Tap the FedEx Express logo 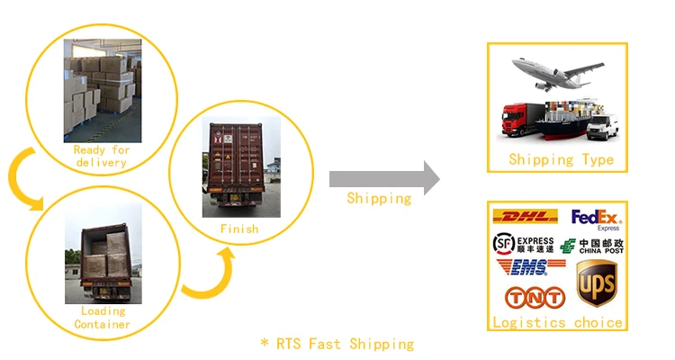click(596, 219)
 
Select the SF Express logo click(524, 244)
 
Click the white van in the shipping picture click(602, 128)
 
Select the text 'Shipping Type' click(561, 160)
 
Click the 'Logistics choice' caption click(557, 321)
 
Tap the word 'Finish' click(238, 229)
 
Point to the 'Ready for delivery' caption click(101, 157)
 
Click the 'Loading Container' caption click(103, 318)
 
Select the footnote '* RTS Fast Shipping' click(337, 344)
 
